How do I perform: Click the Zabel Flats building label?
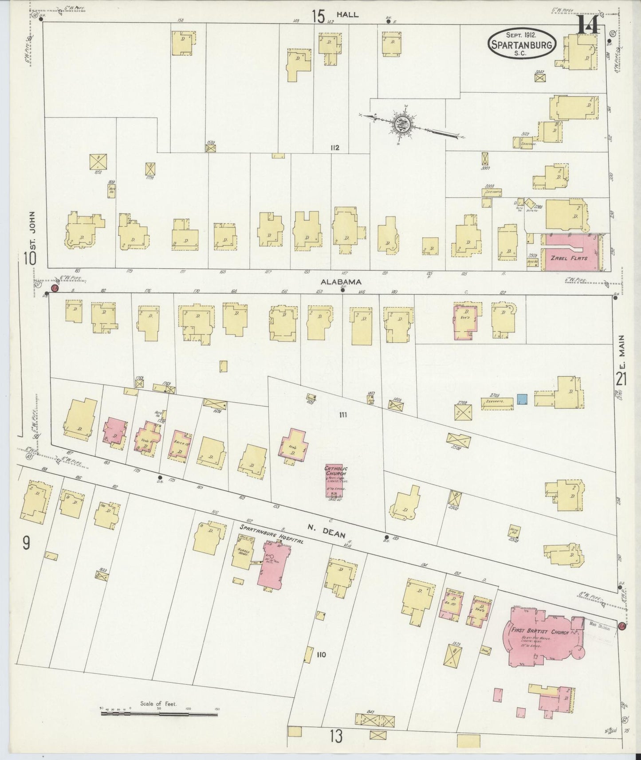tap(569, 258)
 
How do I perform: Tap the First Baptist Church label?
tap(539, 632)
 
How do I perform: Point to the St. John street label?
tap(31, 228)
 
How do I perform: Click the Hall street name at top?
tap(347, 15)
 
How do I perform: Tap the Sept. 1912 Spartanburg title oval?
tap(522, 43)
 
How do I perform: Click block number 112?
tap(334, 148)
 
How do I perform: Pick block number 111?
tap(342, 415)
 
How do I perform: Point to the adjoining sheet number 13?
tap(336, 736)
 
